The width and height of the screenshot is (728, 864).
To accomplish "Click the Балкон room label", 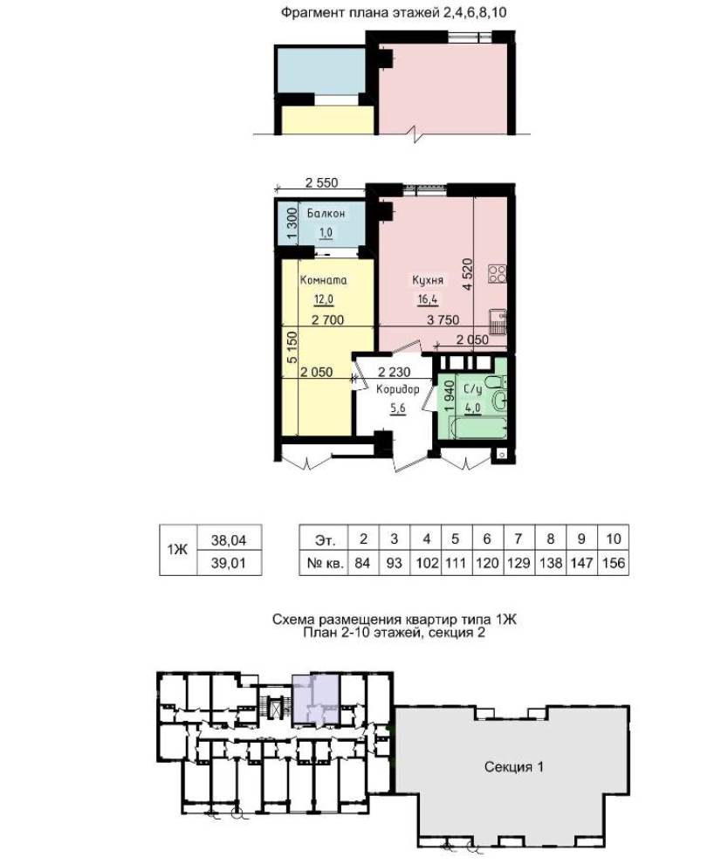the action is [x=326, y=213].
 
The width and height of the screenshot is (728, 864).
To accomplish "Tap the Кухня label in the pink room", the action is [x=428, y=280].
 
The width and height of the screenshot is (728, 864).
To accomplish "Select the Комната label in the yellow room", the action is [x=324, y=280].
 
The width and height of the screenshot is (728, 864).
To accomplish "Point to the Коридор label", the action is [x=397, y=389].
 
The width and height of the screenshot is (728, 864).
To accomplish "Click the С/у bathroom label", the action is [x=473, y=389].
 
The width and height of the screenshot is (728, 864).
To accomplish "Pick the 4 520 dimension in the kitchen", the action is [x=468, y=274].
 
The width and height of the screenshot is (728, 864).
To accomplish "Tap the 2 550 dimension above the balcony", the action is [x=321, y=182].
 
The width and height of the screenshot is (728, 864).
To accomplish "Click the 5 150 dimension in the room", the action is [x=292, y=346].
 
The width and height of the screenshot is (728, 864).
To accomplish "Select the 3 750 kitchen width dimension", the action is [x=443, y=319].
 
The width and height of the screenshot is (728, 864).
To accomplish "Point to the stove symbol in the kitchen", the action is [x=497, y=274].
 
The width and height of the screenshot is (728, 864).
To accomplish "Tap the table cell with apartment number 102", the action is [x=426, y=563].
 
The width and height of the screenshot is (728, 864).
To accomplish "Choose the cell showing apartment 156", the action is [x=614, y=563].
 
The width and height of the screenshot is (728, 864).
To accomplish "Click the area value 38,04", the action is [x=229, y=540].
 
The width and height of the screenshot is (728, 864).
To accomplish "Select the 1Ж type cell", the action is [x=178, y=550].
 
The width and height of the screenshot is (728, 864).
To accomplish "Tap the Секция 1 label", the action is [x=513, y=766].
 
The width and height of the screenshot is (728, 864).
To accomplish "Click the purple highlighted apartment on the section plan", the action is [x=315, y=697].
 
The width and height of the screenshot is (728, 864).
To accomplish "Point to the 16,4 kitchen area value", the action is [x=428, y=299].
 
